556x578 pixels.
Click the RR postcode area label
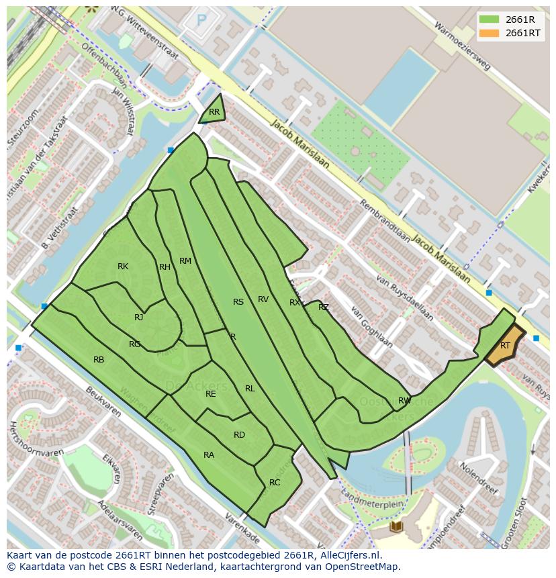pyautogui.click(x=214, y=112)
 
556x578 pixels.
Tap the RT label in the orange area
pyautogui.click(x=505, y=346)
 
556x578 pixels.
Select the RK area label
pyautogui.click(x=123, y=267)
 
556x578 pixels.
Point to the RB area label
pyautogui.click(x=99, y=360)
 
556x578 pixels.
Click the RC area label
pyautogui.click(x=275, y=483)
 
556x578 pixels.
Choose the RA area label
pyautogui.click(x=209, y=455)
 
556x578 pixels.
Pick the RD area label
pyautogui.click(x=239, y=435)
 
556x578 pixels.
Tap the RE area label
pyautogui.click(x=211, y=394)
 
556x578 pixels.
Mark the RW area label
pyautogui.click(x=404, y=401)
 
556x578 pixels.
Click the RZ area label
pyautogui.click(x=324, y=307)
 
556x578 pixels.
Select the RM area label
pyautogui.click(x=185, y=261)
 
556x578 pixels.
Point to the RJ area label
pyautogui.click(x=139, y=318)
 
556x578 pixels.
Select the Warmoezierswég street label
pyautogui.click(x=463, y=46)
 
